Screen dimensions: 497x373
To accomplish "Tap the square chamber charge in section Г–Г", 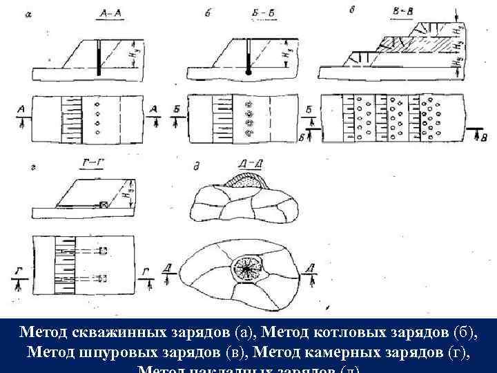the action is pos(104,205).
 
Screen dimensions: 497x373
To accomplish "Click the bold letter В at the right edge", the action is pos(484,139).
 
